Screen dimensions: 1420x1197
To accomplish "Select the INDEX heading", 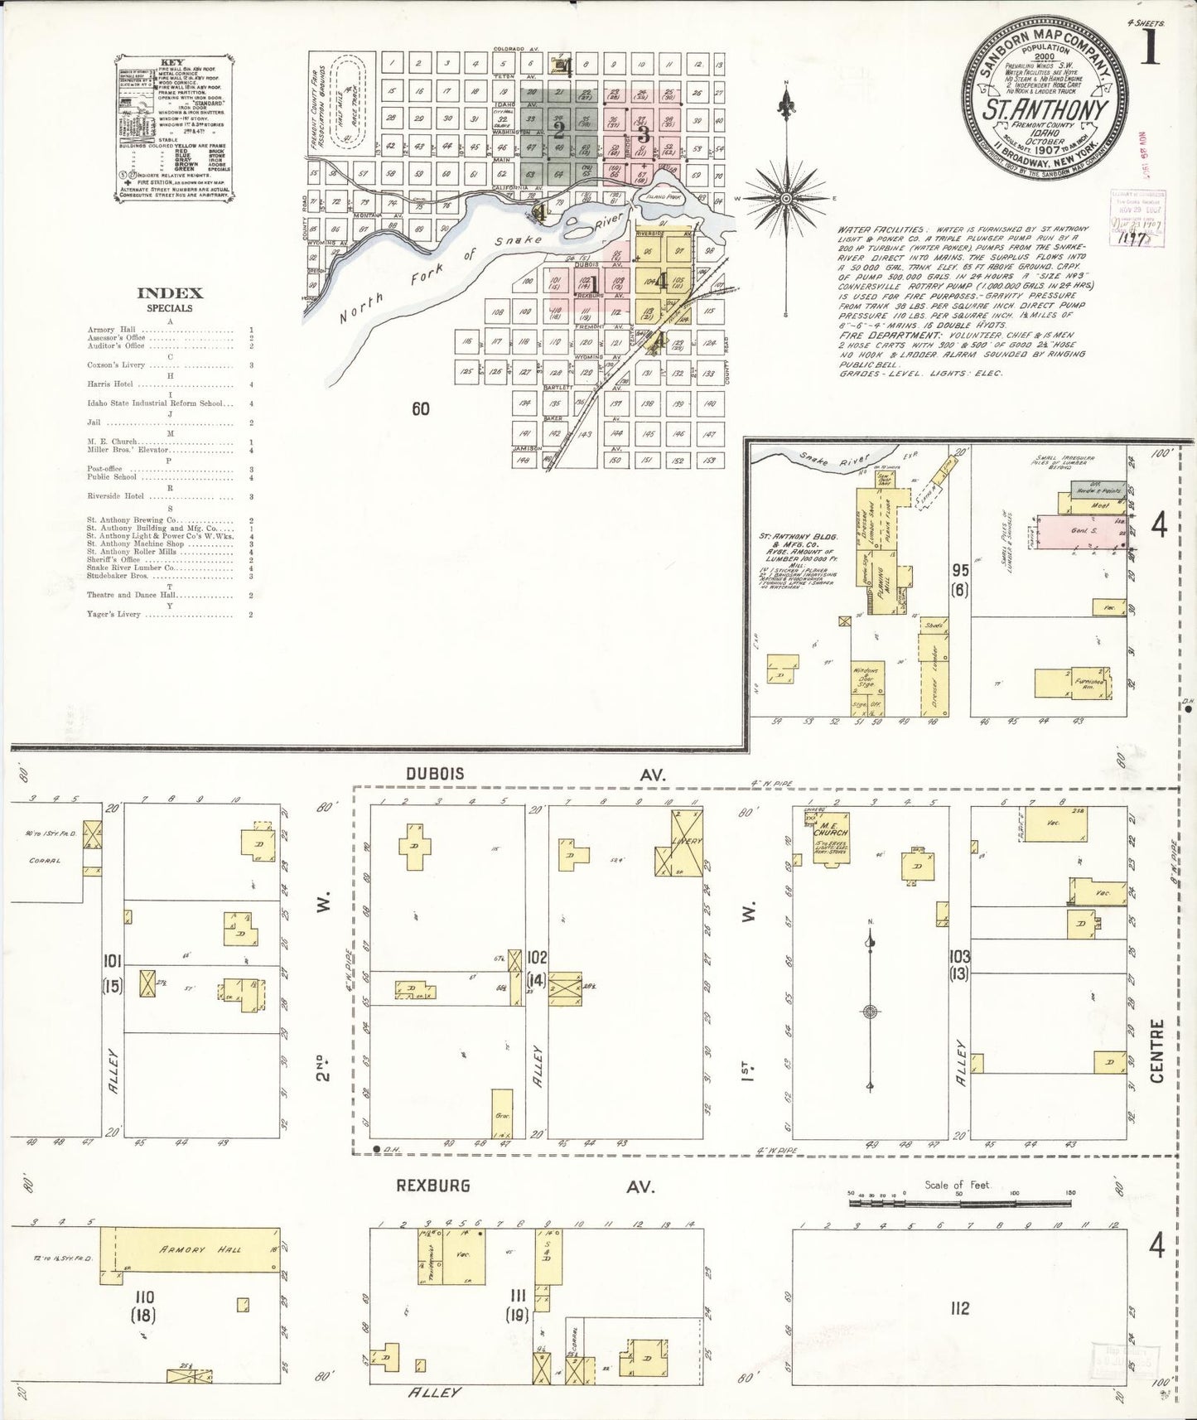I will (x=169, y=292).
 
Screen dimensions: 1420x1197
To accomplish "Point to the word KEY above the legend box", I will (x=170, y=62).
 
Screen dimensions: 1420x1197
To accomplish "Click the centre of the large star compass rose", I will (x=785, y=198).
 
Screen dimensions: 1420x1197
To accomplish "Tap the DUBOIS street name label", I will (x=435, y=773).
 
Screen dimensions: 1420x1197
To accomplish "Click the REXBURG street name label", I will (x=433, y=1186).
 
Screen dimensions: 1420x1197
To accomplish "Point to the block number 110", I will (x=148, y=1319).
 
